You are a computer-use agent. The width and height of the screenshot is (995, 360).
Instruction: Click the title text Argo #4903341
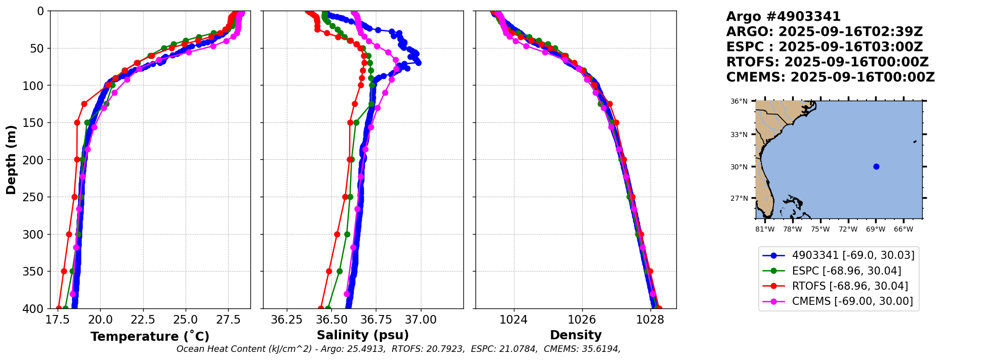(783, 17)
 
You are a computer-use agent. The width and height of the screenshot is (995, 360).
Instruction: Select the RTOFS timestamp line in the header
(827, 62)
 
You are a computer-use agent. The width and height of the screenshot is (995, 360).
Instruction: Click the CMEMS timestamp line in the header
(830, 77)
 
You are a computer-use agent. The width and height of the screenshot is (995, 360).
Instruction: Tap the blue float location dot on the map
(876, 167)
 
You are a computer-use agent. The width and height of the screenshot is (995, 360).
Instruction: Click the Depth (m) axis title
(11, 160)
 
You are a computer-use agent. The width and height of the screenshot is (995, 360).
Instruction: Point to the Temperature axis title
(150, 337)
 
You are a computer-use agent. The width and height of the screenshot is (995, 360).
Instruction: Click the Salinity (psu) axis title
(363, 335)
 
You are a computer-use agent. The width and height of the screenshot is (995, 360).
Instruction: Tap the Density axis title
(576, 335)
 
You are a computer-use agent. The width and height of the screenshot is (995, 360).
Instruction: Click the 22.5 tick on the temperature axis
(143, 320)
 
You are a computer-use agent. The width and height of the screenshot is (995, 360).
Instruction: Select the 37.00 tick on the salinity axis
(421, 320)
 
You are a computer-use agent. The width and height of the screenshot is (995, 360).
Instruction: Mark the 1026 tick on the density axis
(582, 320)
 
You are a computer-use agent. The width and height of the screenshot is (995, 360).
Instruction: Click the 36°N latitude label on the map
(739, 102)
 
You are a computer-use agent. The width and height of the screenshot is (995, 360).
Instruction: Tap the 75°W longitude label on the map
(820, 230)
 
